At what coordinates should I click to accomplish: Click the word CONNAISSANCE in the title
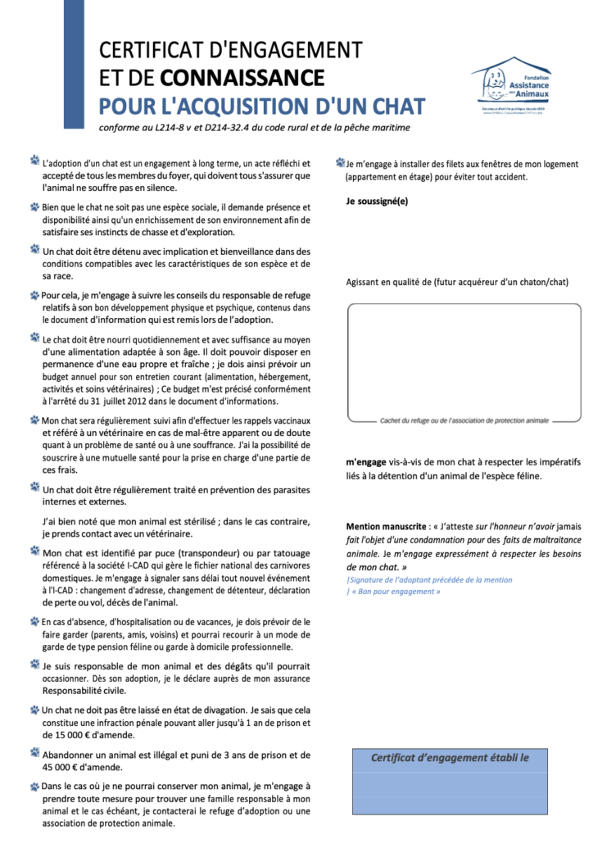242,78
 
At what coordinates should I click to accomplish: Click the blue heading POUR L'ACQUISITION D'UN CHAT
262,107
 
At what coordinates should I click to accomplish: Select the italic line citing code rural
254,128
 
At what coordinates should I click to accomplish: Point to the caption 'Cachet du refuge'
464,420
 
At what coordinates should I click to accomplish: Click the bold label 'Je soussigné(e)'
377,202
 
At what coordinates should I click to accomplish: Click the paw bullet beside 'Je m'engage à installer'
340,163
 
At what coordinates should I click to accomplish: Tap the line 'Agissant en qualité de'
457,282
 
